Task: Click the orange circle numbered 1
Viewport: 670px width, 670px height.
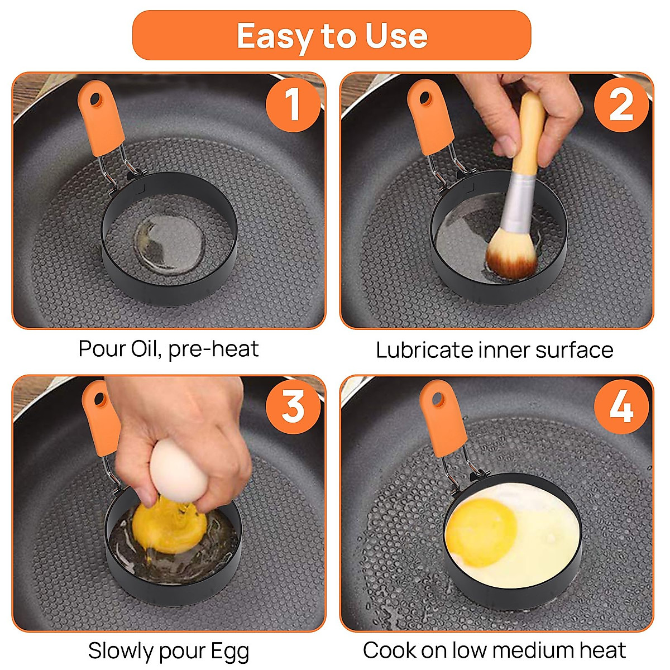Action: point(293,104)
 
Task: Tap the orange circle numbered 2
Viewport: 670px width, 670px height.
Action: point(621,104)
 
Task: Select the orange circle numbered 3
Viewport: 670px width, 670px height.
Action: point(293,406)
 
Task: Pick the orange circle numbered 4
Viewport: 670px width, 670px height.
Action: point(621,406)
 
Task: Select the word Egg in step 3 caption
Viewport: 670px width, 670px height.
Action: point(230,642)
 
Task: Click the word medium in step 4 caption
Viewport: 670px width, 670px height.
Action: point(533,641)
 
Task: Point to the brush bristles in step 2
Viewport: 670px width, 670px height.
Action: point(510,256)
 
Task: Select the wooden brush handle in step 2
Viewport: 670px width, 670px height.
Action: point(529,134)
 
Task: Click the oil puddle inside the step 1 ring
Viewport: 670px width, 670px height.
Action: point(169,242)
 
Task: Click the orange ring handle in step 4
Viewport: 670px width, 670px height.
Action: point(442,418)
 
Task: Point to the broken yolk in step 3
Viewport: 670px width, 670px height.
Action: point(169,527)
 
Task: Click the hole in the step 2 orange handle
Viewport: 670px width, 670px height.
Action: point(424,99)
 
